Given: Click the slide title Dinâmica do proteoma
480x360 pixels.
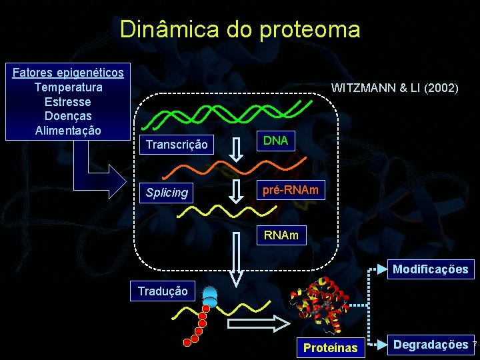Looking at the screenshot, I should pos(240,29).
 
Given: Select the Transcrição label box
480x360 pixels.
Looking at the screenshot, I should pos(177,145).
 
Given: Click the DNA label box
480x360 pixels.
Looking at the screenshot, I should pos(275,141).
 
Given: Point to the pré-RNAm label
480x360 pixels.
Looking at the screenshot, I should pos(290,190).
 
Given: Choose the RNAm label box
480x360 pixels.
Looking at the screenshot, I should pos(281,235).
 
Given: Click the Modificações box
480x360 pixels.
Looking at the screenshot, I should pos(431,269).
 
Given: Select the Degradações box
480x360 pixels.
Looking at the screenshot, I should pos(431,345).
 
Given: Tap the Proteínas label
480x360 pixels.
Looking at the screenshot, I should pos(331,347).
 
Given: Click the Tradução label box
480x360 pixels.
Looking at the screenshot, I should pos(163,291).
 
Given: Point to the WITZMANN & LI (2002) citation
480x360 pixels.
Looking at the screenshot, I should pos(395,87).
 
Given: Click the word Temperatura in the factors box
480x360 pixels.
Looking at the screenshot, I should pos(68,87).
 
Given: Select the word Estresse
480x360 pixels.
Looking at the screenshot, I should pos(68,102).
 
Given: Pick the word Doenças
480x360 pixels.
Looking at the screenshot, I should pos(68,116).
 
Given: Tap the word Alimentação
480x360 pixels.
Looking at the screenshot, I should pos(68,131).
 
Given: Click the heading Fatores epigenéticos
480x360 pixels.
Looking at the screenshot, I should pos(68,72).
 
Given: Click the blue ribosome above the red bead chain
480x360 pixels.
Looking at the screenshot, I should pos(211,296).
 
